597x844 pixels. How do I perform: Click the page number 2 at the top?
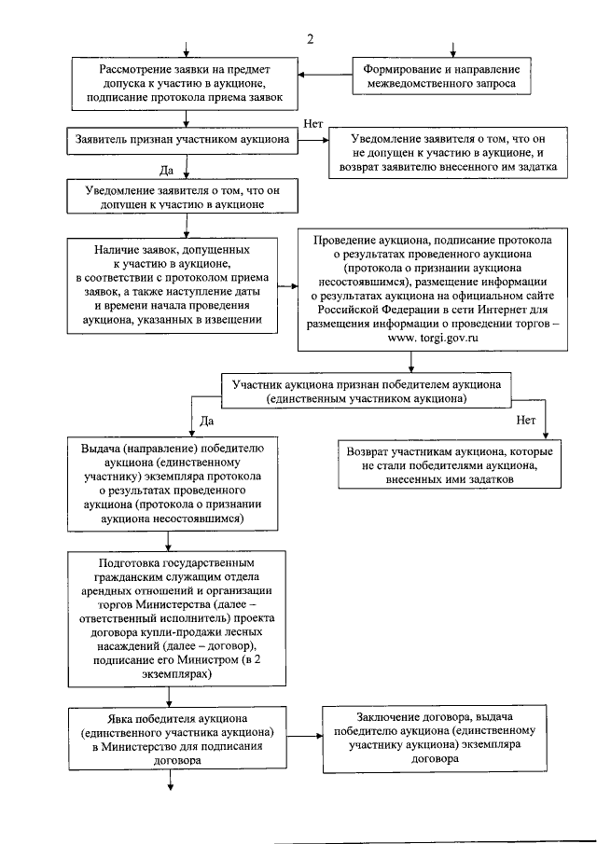[x=309, y=38]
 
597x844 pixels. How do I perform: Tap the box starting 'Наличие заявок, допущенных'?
[x=172, y=285]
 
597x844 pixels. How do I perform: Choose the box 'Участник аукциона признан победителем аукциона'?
[x=380, y=390]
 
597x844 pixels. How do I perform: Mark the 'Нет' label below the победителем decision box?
[x=526, y=419]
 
